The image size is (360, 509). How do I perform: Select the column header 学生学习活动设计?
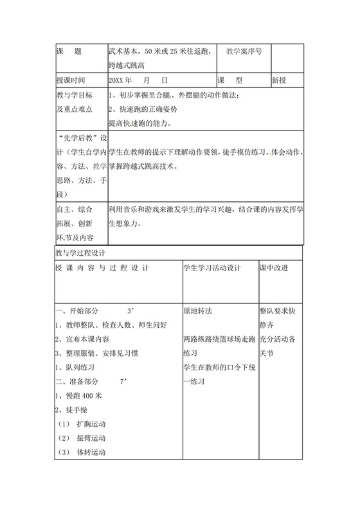[212, 267]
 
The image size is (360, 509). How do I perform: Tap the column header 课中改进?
[274, 267]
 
